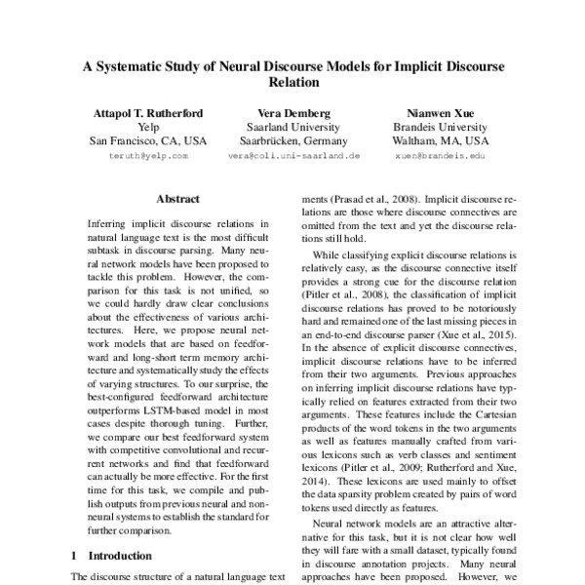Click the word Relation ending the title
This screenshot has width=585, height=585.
click(x=292, y=86)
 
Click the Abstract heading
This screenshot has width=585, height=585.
click(x=177, y=198)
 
